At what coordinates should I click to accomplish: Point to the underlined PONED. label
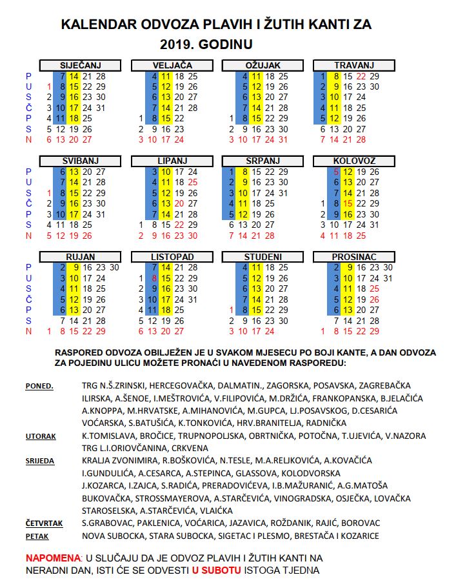pos(39,387)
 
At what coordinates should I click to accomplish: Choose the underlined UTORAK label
pos(41,436)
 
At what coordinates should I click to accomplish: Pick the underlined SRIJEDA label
pos(40,461)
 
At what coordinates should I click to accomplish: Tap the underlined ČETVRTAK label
pos(45,523)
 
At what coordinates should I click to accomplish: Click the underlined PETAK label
pos(37,536)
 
